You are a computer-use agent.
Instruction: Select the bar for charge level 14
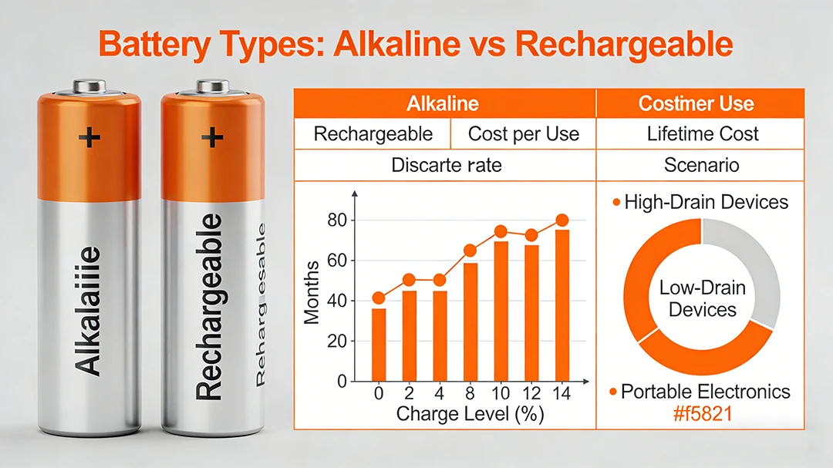(x=562, y=305)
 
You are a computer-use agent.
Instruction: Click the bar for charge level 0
(x=378, y=345)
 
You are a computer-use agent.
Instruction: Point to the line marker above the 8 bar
(x=470, y=251)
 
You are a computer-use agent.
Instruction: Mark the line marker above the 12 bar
(x=531, y=235)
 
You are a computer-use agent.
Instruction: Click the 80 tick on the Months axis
(x=337, y=221)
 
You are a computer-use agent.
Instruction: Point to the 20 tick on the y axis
(x=337, y=342)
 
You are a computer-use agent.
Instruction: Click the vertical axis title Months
(x=312, y=293)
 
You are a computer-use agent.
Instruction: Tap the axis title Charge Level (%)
(x=470, y=414)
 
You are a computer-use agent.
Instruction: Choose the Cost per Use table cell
(x=523, y=133)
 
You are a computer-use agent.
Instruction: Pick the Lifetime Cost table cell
(x=702, y=133)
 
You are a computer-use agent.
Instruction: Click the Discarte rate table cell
(x=446, y=165)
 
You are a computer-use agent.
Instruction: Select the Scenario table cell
(x=702, y=165)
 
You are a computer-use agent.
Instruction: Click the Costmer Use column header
(x=696, y=103)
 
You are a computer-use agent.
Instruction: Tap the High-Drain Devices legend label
(x=706, y=202)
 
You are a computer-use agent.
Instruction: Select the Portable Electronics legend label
(x=705, y=391)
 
